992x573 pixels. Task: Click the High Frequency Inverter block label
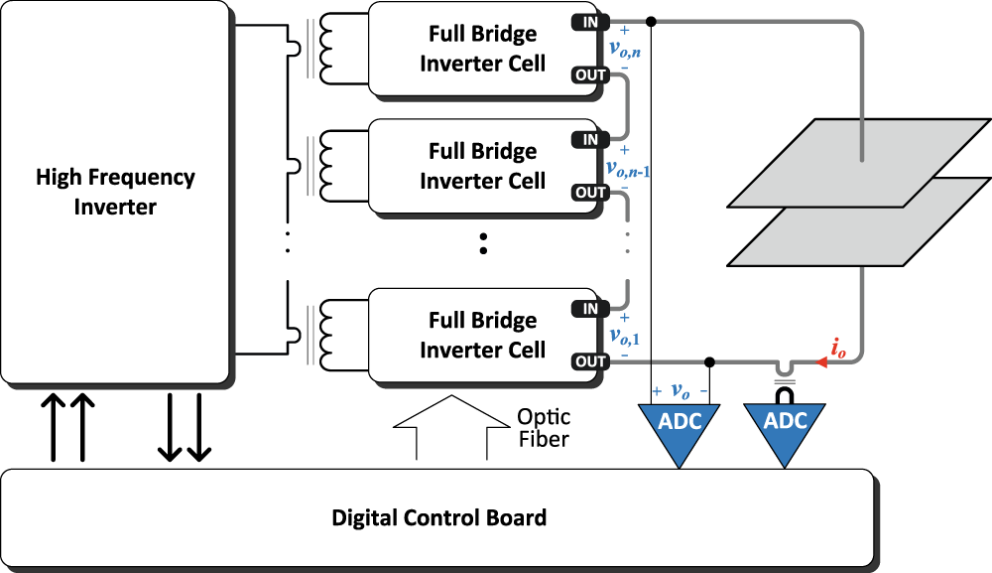pyautogui.click(x=115, y=192)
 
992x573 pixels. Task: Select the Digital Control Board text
pyautogui.click(x=438, y=518)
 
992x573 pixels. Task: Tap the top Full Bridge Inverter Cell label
pyautogui.click(x=482, y=49)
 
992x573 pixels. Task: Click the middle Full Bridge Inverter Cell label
pyautogui.click(x=482, y=166)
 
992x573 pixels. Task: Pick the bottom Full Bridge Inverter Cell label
pyautogui.click(x=482, y=335)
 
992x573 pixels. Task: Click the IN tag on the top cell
pyautogui.click(x=590, y=22)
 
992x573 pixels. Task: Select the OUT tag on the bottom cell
pyautogui.click(x=590, y=361)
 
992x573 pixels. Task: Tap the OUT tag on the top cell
pyautogui.click(x=590, y=75)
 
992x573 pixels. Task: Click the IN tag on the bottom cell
pyautogui.click(x=590, y=309)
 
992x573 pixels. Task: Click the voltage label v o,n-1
pyautogui.click(x=628, y=169)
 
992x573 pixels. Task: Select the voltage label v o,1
pyautogui.click(x=625, y=337)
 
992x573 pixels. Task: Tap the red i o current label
pyautogui.click(x=838, y=350)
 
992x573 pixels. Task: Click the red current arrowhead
pyautogui.click(x=820, y=362)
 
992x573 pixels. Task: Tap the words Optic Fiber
pyautogui.click(x=544, y=428)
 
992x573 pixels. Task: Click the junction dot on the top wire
pyautogui.click(x=651, y=21)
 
